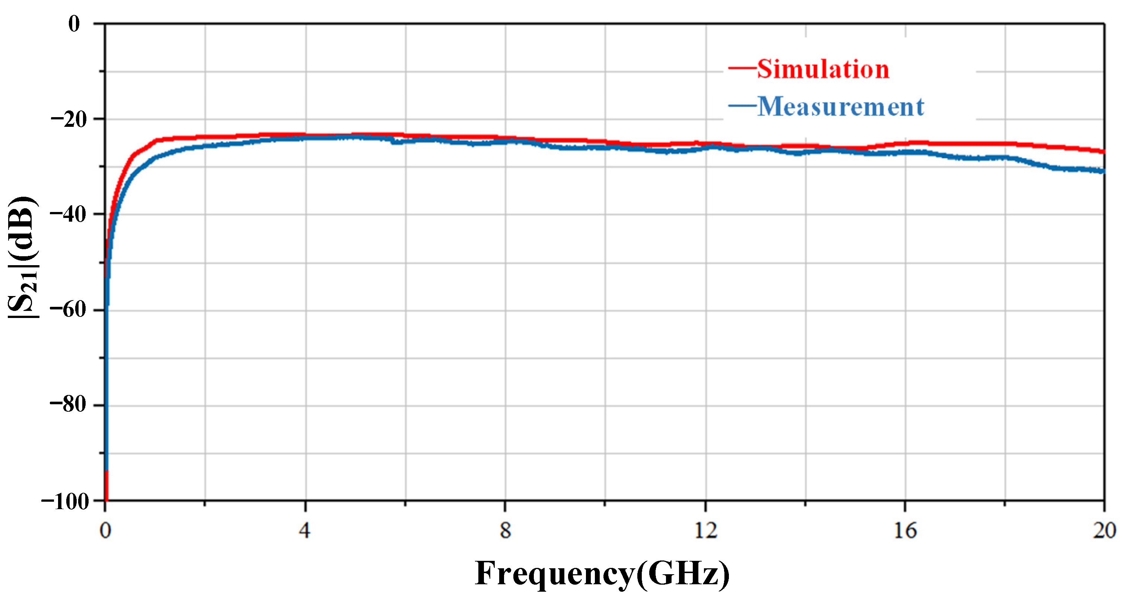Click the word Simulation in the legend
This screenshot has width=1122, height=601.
coord(823,69)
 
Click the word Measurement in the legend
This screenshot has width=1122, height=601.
coord(840,107)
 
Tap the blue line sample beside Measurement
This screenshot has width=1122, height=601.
coord(742,105)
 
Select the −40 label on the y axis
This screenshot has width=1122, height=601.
coord(68,215)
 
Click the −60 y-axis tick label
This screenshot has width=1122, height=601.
coord(68,310)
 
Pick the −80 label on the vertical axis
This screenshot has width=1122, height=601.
coord(68,405)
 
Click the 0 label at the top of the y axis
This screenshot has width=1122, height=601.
coord(74,24)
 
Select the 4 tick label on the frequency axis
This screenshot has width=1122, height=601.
coord(305,530)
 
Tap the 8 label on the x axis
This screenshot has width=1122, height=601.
coord(505,530)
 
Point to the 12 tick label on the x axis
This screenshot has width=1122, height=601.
coord(705,530)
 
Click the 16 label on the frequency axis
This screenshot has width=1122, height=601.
coord(905,530)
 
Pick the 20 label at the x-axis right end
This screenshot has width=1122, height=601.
coord(1104,530)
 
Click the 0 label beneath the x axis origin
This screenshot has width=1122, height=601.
coord(105,530)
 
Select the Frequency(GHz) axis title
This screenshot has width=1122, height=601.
coord(602,573)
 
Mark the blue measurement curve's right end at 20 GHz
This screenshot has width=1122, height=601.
coord(1103,171)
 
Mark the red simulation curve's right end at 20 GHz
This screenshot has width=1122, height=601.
coord(1103,151)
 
